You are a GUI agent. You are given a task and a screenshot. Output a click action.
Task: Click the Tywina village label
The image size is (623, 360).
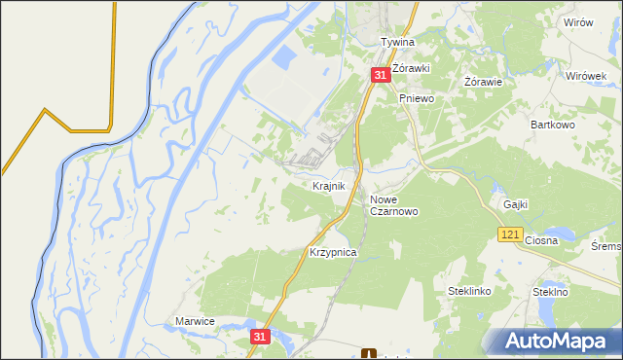click(x=397, y=43)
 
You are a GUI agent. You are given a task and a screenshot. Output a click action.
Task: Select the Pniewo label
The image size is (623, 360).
click(x=415, y=98)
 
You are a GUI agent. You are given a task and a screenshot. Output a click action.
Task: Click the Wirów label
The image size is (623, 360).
click(x=578, y=22)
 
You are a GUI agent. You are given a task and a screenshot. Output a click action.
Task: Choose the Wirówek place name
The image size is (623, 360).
click(x=586, y=76)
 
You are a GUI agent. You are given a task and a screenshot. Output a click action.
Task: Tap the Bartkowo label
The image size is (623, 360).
click(x=550, y=126)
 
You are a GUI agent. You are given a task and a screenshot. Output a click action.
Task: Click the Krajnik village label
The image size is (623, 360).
click(x=328, y=185)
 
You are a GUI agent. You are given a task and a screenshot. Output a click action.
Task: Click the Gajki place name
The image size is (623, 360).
click(x=516, y=204)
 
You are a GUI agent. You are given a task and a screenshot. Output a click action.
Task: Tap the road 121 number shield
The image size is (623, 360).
click(x=511, y=234)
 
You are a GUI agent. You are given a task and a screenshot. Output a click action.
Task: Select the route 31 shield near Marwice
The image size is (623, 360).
click(x=258, y=336)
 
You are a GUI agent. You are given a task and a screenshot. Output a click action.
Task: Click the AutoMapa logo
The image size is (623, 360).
click(x=551, y=341)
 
